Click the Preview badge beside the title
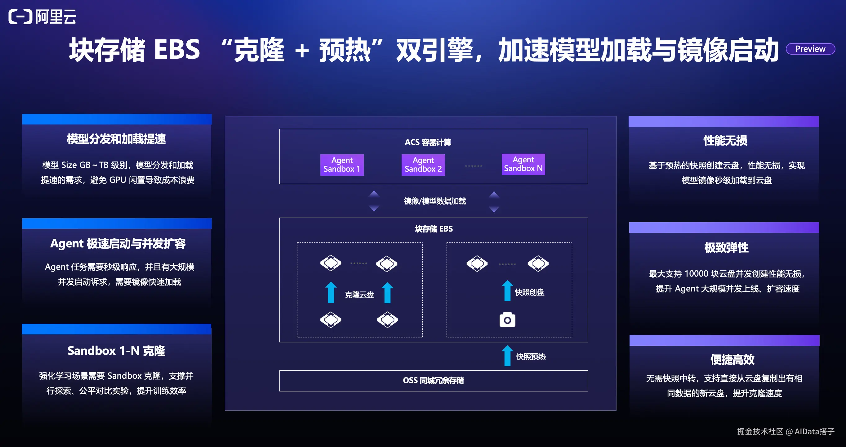pyautogui.click(x=810, y=49)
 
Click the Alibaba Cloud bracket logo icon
pyautogui.click(x=20, y=16)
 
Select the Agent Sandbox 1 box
pyautogui.click(x=342, y=165)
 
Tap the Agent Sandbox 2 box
pyautogui.click(x=423, y=165)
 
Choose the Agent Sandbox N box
pyautogui.click(x=523, y=164)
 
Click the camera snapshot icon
pyautogui.click(x=507, y=319)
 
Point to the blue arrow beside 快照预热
pyautogui.click(x=507, y=356)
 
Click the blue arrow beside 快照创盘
pyautogui.click(x=507, y=291)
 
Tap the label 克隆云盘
pyautogui.click(x=359, y=295)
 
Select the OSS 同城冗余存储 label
pyautogui.click(x=433, y=380)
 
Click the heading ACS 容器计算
pyautogui.click(x=428, y=142)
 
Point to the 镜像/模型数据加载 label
pyautogui.click(x=435, y=201)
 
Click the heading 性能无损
pyautogui.click(x=725, y=141)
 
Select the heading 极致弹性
pyautogui.click(x=727, y=247)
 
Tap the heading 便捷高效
pyautogui.click(x=732, y=359)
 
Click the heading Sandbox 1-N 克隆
pyautogui.click(x=116, y=351)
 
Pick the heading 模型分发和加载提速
pyautogui.click(x=116, y=139)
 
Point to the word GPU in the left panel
pyautogui.click(x=118, y=180)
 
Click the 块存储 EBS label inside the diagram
pyautogui.click(x=434, y=229)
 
